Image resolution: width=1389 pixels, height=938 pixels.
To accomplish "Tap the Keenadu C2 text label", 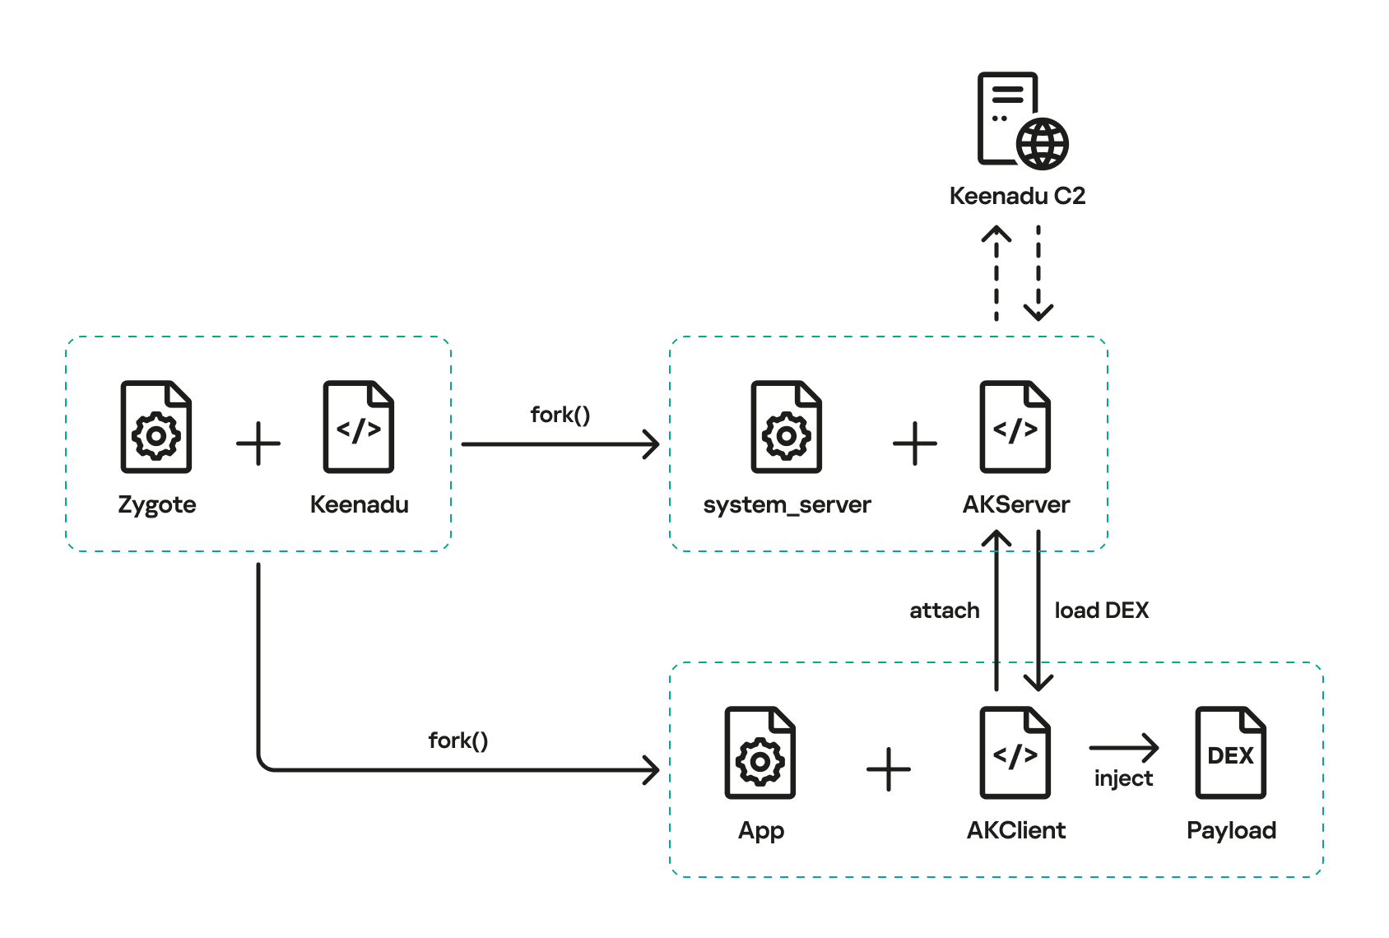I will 1017,196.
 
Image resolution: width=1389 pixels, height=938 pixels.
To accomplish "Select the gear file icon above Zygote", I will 156,427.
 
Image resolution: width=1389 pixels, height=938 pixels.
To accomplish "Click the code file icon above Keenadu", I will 359,427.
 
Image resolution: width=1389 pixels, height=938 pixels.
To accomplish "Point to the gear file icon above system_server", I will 787,427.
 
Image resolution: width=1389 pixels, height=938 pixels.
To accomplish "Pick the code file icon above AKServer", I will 1015,427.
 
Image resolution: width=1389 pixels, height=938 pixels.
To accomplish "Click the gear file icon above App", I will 760,753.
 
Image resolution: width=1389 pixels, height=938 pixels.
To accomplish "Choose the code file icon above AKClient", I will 1015,753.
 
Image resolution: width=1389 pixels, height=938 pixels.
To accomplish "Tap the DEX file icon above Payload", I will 1230,753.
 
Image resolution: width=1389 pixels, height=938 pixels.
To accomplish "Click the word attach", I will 944,611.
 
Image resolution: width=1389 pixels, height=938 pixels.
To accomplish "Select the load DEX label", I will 1101,611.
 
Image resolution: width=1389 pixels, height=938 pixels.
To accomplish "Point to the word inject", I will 1123,778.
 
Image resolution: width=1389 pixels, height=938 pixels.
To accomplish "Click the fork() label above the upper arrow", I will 560,415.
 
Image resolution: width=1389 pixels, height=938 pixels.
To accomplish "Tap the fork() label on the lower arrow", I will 458,741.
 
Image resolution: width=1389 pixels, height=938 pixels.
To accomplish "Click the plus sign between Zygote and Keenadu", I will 258,443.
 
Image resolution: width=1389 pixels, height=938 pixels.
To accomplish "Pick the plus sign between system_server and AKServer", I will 915,443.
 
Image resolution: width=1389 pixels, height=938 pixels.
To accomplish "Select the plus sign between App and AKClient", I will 889,769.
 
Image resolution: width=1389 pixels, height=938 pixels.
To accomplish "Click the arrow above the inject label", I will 1123,748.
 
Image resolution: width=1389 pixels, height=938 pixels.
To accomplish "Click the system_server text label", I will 787,504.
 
